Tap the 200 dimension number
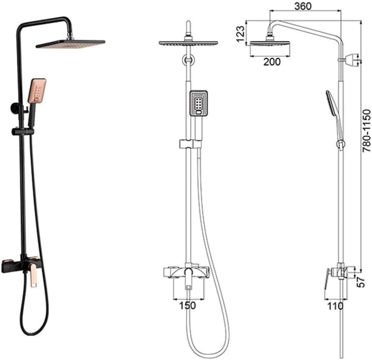coord(272,62)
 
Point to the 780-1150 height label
coord(365,130)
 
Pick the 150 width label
coord(188,305)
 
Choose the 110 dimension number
coord(335,306)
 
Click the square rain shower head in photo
coord(70,44)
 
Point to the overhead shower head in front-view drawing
coord(188,43)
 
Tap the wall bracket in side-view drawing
coord(351,59)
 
